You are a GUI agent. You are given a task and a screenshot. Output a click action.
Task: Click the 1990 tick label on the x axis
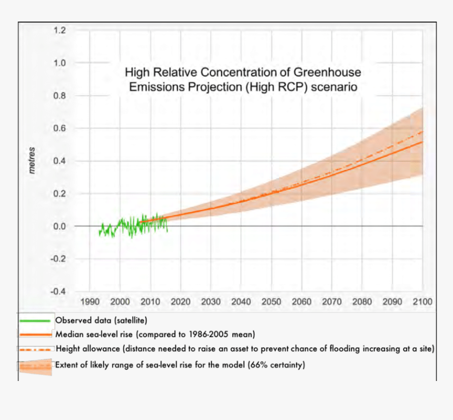click(90, 302)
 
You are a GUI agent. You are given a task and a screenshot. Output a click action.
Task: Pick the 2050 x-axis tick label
click(271, 302)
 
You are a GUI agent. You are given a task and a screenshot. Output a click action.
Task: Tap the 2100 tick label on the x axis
click(422, 302)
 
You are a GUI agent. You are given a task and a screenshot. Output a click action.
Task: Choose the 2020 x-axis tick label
click(181, 302)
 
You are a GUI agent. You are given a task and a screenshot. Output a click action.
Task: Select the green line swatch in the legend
click(35, 320)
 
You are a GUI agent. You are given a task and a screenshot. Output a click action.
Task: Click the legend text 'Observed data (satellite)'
click(101, 320)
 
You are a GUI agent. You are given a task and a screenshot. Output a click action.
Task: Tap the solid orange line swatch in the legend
click(35, 334)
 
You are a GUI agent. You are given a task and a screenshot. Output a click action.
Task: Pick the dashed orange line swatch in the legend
click(35, 349)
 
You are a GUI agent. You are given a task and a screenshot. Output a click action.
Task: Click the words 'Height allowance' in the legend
click(84, 348)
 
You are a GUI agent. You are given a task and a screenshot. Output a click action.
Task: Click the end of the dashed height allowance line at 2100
click(422, 131)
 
